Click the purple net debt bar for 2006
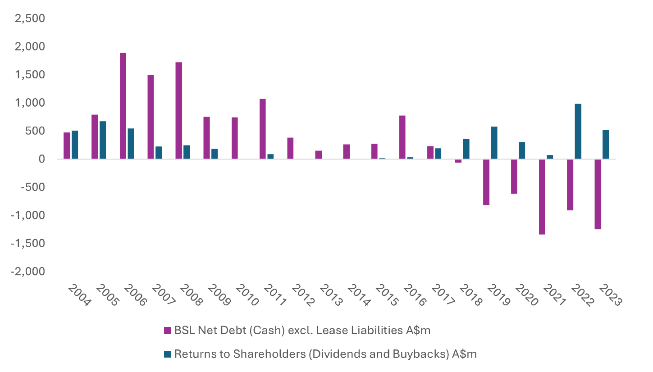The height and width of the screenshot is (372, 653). [123, 106]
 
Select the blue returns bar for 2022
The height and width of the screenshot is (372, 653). [578, 132]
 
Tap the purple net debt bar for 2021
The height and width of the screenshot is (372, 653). [542, 196]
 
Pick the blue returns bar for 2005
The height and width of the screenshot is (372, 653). [103, 140]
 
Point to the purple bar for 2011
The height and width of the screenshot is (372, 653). [262, 129]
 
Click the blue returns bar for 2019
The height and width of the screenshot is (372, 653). [494, 143]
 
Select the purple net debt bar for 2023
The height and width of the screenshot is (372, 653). [598, 194]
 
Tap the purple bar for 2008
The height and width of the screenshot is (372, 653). [178, 110]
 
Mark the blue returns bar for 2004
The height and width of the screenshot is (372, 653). [75, 145]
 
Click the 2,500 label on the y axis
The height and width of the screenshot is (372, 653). [30, 18]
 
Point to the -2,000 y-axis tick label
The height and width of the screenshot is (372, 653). [28, 272]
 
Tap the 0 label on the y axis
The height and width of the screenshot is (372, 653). [41, 159]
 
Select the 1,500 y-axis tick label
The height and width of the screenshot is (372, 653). [30, 75]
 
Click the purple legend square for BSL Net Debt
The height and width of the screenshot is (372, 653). [168, 331]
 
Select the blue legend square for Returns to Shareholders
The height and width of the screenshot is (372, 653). [168, 354]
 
